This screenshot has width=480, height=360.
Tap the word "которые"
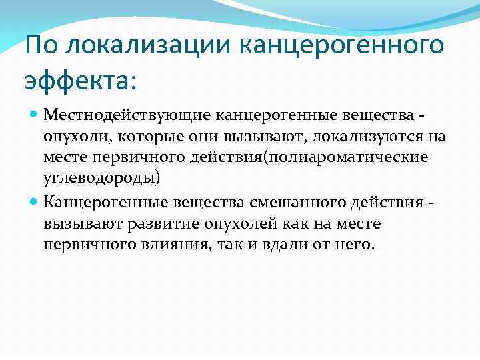(142, 137)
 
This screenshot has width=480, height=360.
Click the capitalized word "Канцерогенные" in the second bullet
(107, 201)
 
